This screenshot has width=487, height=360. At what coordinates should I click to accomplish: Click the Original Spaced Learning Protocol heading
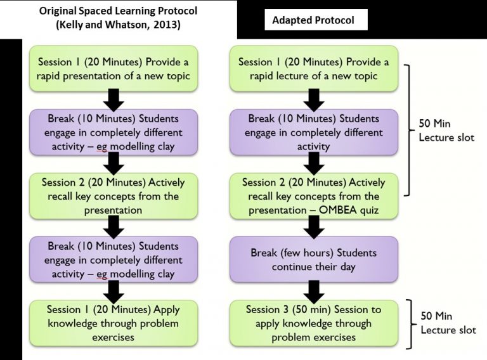118,18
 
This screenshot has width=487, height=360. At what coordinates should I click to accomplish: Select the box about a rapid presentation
113,69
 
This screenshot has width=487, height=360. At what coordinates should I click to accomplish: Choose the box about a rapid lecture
313,69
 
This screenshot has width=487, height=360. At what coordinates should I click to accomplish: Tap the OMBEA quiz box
313,196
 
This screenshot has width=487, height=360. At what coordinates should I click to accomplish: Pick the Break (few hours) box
313,259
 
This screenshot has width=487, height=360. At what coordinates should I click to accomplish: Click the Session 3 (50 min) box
313,323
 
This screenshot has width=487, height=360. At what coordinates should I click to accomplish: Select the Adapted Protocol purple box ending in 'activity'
313,132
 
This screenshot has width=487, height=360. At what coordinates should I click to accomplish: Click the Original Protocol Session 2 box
113,196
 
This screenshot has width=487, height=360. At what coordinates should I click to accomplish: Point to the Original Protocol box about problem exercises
113,323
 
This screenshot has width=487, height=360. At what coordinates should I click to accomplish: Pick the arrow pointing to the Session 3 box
313,291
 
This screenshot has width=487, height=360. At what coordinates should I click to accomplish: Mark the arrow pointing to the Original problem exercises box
113,291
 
